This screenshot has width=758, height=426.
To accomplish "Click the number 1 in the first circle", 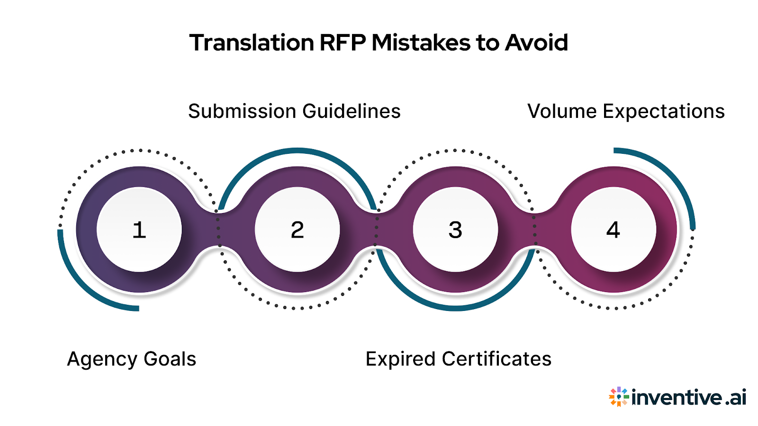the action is click(x=139, y=230).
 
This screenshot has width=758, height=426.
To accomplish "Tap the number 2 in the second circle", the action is click(x=298, y=230).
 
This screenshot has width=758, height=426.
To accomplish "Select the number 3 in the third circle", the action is click(x=455, y=230).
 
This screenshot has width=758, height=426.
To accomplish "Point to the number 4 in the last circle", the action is click(x=613, y=230).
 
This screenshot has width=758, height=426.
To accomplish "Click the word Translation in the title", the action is click(x=252, y=43).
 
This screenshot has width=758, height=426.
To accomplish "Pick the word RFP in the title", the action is click(x=343, y=43).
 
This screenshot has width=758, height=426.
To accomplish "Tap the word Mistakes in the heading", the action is click(x=421, y=43).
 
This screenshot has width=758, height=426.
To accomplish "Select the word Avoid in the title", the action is click(x=536, y=43).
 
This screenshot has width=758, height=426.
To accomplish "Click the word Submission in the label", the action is click(x=242, y=111).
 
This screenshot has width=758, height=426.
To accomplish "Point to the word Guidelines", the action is click(x=352, y=111).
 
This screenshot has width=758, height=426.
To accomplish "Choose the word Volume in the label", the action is click(x=562, y=111).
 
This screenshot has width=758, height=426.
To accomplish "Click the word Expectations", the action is click(x=664, y=112).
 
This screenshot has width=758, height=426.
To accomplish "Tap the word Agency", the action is click(x=102, y=360).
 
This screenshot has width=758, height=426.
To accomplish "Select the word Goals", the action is click(x=170, y=359).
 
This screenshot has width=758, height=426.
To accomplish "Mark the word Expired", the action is click(x=401, y=360).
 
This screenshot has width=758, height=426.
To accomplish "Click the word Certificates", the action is click(x=496, y=359).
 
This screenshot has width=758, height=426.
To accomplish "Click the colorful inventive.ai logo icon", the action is click(x=619, y=397).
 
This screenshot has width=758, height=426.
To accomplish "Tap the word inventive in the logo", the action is click(x=677, y=397).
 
